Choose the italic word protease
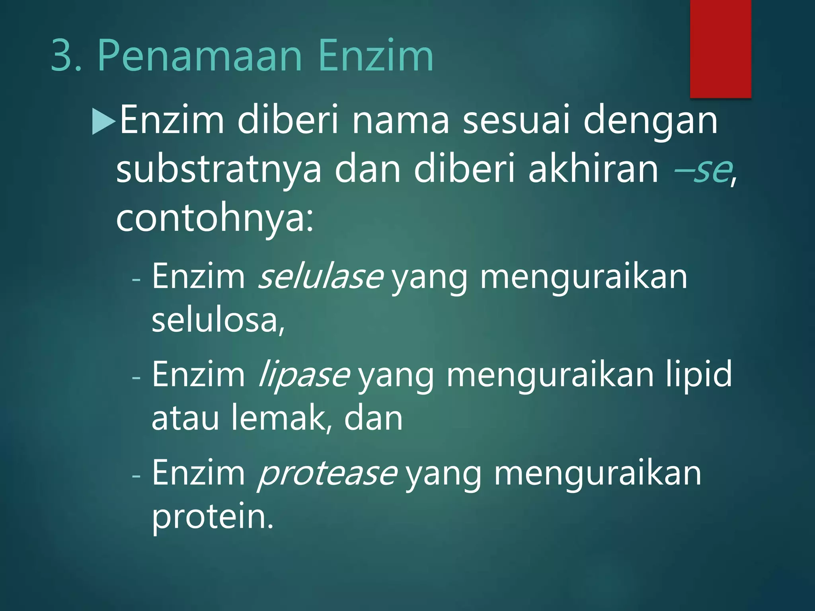tap(327, 473)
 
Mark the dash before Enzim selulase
tap(136, 279)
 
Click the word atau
tap(185, 418)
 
